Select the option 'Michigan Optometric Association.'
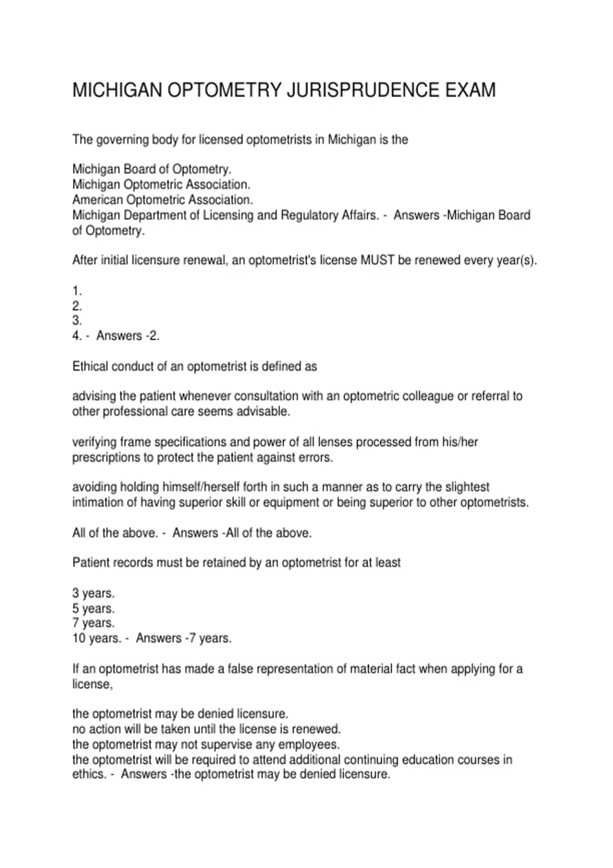click(x=161, y=184)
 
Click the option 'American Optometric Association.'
click(x=162, y=200)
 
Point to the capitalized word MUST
click(x=378, y=260)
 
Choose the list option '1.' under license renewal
click(x=77, y=291)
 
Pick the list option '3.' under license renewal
click(x=77, y=321)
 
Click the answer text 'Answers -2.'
click(x=128, y=336)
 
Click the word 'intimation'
click(x=97, y=502)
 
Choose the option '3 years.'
click(x=93, y=593)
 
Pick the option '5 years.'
click(x=93, y=609)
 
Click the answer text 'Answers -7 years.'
click(x=183, y=638)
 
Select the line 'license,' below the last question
click(x=92, y=684)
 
